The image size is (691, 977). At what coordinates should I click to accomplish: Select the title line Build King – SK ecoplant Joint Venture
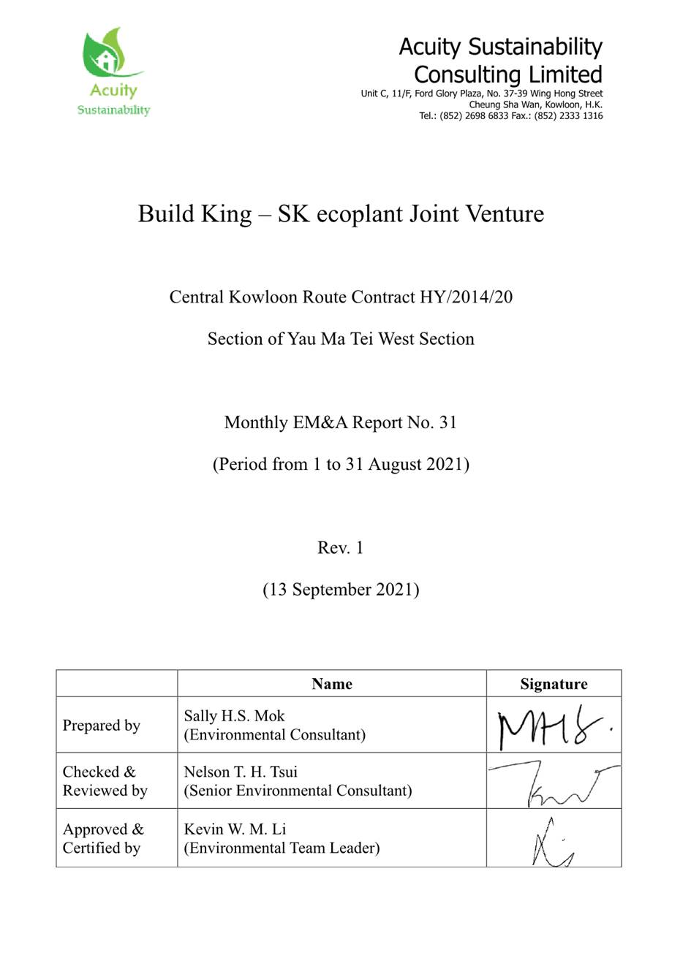point(341,214)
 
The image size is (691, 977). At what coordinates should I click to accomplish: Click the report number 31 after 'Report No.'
point(448,422)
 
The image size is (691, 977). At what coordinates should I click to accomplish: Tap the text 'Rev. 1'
point(340,548)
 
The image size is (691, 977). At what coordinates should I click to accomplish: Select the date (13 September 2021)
point(341,590)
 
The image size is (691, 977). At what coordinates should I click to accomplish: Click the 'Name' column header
point(331,684)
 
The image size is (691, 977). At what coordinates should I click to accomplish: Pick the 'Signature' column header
point(554,684)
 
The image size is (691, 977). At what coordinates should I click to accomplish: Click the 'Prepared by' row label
point(101,726)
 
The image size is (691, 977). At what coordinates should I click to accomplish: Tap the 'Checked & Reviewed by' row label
point(105,781)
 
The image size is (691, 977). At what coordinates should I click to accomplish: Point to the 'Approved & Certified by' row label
point(103,839)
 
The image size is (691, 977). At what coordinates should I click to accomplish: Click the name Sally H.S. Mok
point(234,716)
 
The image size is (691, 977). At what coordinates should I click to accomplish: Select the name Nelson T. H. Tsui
point(241,772)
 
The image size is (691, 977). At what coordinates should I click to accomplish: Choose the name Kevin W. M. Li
point(235,829)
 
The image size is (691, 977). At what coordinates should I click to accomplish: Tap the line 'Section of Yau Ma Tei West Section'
point(341,339)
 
